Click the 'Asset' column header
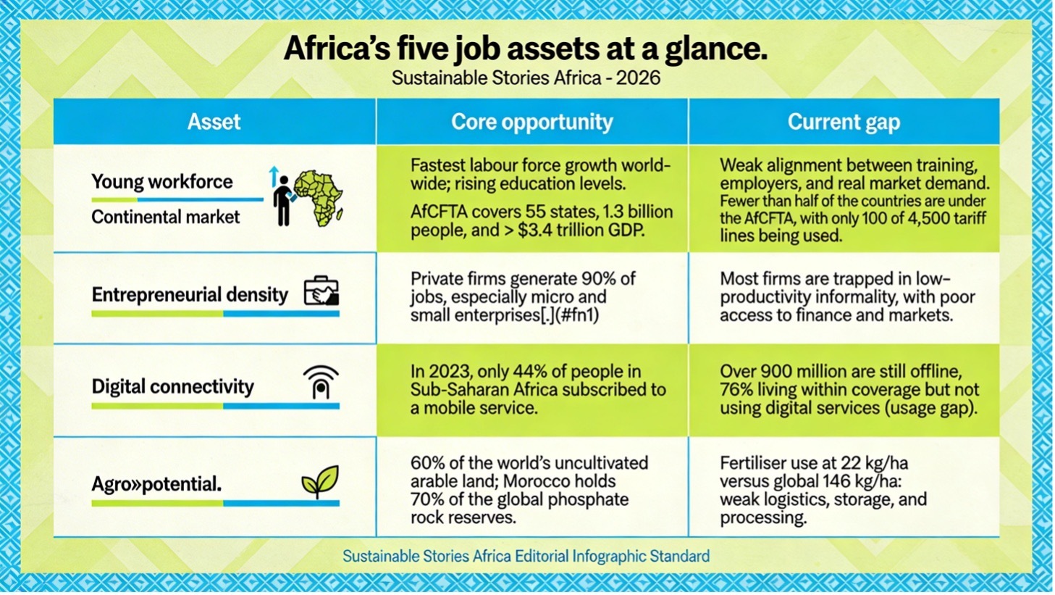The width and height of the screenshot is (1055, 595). tap(214, 122)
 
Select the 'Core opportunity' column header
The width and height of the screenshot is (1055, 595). tap(532, 122)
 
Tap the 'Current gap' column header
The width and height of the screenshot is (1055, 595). tap(844, 122)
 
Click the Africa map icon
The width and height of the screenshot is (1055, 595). tap(319, 198)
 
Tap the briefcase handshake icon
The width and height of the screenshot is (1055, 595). tap(321, 291)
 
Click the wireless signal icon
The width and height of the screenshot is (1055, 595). tap(321, 382)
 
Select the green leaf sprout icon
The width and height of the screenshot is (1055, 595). tap(320, 482)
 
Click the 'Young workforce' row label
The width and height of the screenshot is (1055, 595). tap(162, 182)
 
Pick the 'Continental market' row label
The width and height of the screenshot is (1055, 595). tap(165, 217)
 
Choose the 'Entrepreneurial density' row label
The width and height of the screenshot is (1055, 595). tap(190, 295)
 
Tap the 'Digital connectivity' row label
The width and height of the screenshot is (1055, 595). tap(172, 386)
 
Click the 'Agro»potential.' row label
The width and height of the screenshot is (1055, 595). tap(156, 483)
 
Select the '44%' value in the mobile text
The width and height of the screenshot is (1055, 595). tap(527, 372)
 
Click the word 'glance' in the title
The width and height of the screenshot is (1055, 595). tap(711, 49)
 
